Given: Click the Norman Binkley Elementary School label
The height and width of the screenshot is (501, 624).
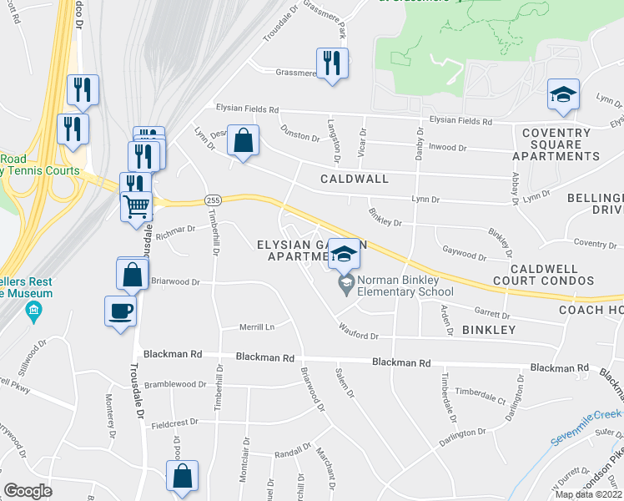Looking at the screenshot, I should coord(405,286).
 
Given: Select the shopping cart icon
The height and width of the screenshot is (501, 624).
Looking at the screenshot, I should coord(137,204).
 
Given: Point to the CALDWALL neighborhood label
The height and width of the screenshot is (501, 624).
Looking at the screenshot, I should coord(355,180).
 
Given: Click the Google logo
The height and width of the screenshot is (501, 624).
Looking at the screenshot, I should coord(28,491).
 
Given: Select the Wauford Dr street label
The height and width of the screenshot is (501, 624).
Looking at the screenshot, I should coord(359,336).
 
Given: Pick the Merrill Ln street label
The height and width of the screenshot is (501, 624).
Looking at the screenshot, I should coord(258,326).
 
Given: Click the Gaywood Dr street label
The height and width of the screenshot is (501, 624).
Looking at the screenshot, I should coord(465,254).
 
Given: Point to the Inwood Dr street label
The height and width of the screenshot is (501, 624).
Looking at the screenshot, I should coord(448,148).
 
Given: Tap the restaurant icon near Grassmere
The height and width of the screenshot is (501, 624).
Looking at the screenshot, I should coord(332,63).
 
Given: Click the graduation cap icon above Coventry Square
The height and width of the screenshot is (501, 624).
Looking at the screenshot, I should coord(563,94).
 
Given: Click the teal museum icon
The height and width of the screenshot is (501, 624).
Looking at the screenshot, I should coord(33,313).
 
